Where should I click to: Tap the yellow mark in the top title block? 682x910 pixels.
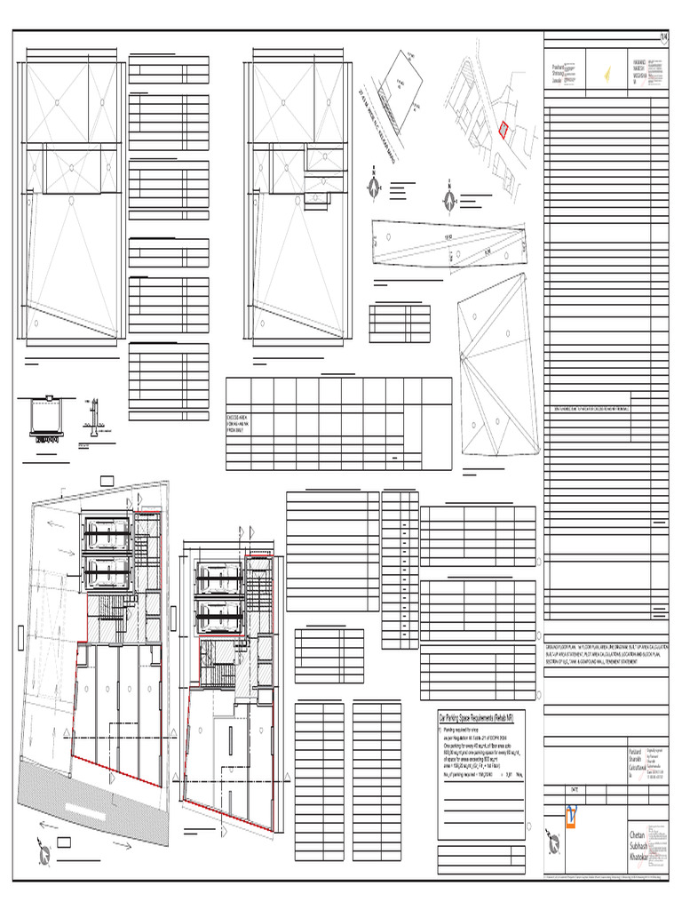tap(608, 74)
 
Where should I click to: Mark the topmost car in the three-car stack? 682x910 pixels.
tap(108, 531)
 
